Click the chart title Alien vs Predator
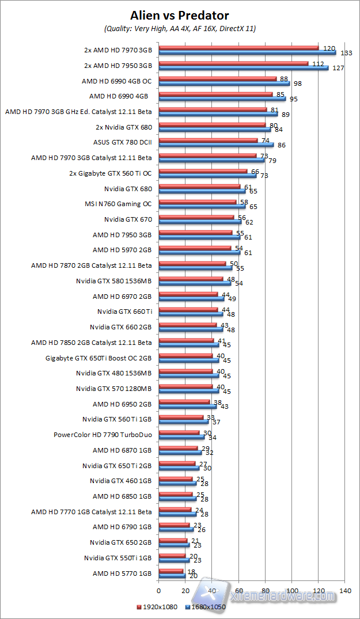click(180, 15)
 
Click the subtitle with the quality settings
click(180, 28)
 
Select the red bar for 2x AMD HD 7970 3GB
click(238, 48)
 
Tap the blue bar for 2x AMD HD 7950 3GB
click(243, 68)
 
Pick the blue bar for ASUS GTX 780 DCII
click(215, 145)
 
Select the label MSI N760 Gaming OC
click(118, 203)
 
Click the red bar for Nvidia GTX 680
click(199, 186)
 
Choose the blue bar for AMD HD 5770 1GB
click(172, 576)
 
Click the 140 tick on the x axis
click(345, 590)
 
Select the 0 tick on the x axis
click(158, 590)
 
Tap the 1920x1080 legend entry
click(157, 606)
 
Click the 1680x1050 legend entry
click(206, 606)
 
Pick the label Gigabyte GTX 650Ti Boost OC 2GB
click(98, 358)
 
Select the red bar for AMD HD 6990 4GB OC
click(217, 79)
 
